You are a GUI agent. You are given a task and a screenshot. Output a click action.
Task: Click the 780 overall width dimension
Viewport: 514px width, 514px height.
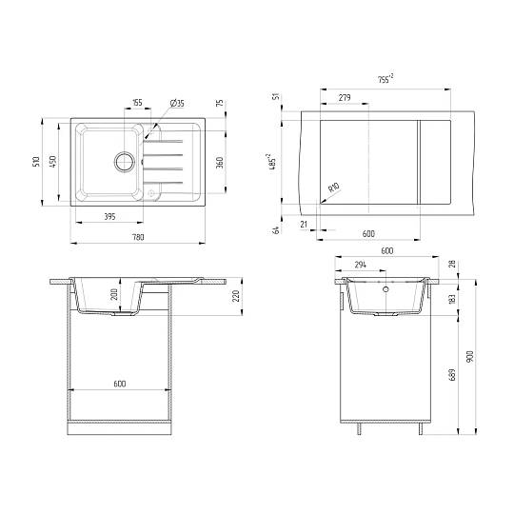click(138, 237)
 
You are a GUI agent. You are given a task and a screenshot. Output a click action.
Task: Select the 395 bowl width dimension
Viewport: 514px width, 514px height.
click(109, 217)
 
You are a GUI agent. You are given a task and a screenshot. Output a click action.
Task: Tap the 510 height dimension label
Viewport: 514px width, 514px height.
click(36, 161)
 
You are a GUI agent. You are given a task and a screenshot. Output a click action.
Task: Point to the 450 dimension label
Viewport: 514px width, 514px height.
click(52, 161)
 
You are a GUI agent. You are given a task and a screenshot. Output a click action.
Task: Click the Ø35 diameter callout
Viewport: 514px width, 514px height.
click(177, 103)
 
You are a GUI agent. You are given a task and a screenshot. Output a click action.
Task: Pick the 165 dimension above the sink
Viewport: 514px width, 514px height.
click(137, 103)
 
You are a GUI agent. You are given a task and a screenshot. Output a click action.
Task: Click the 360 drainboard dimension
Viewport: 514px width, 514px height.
click(220, 162)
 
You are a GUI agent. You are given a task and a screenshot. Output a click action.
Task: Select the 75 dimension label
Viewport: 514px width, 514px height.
click(220, 103)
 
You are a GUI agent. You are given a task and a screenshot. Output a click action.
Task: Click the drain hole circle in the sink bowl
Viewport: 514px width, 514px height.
click(124, 162)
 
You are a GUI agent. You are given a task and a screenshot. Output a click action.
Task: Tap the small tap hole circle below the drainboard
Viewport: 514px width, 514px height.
click(150, 193)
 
